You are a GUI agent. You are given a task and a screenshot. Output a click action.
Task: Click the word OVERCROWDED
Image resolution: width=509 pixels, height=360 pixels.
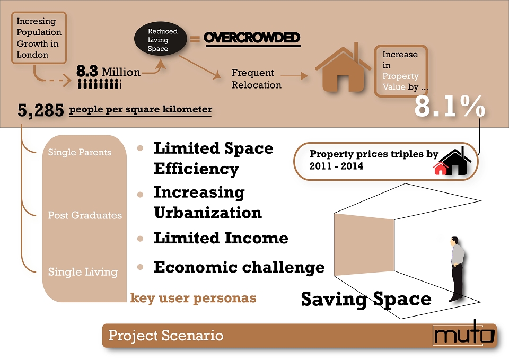pyautogui.click(x=252, y=38)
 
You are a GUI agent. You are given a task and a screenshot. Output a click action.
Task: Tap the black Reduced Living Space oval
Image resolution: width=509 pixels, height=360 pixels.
pyautogui.click(x=161, y=39)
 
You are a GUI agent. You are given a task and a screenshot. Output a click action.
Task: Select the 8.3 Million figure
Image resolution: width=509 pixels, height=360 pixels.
pyautogui.click(x=108, y=72)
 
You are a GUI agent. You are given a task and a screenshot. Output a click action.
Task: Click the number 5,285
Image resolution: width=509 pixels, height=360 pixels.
pyautogui.click(x=41, y=110)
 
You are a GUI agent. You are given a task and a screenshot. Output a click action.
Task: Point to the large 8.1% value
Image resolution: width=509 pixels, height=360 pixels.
pyautogui.click(x=450, y=106)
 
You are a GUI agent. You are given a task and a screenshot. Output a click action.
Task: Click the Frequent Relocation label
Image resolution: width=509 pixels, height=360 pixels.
pyautogui.click(x=257, y=79)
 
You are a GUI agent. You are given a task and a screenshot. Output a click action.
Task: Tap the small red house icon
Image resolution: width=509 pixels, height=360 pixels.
pyautogui.click(x=440, y=168)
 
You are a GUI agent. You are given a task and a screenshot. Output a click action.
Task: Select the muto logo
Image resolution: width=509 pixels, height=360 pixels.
pyautogui.click(x=464, y=333)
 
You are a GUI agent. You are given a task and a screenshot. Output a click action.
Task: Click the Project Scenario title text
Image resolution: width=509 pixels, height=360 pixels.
pyautogui.click(x=165, y=335)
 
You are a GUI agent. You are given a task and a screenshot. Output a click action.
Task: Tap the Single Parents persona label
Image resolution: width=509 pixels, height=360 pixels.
pyautogui.click(x=80, y=152)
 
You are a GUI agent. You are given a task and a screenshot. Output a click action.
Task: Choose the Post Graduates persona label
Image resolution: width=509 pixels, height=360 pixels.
pyautogui.click(x=85, y=215)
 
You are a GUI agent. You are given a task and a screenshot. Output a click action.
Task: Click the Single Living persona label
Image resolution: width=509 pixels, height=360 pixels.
pyautogui.click(x=83, y=271)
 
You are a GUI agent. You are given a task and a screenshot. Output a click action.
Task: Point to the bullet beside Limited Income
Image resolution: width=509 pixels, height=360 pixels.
pyautogui.click(x=140, y=239)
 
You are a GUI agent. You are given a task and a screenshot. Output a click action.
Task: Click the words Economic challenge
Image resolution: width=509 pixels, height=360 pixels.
pyautogui.click(x=239, y=267)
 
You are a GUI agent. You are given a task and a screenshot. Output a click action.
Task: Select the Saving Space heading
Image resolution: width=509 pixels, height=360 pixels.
pyautogui.click(x=366, y=298)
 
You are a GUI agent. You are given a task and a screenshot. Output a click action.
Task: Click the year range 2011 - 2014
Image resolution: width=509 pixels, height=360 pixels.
pyautogui.click(x=336, y=166)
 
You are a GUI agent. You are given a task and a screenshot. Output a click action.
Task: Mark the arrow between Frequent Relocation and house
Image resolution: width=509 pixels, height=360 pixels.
pyautogui.click(x=294, y=76)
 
